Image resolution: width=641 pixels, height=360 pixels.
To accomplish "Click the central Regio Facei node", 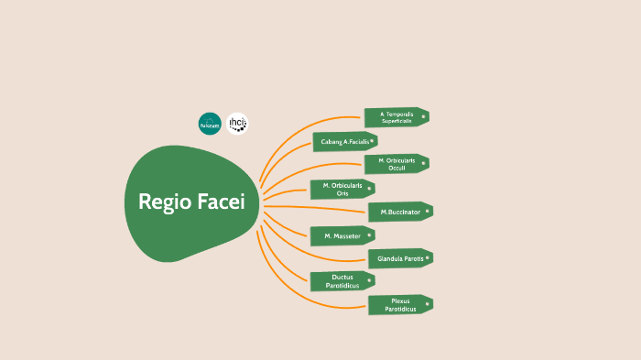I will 192,202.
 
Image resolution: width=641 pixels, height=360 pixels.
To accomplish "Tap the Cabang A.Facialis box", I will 344,142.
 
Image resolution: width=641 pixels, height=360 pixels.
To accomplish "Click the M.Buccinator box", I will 399,212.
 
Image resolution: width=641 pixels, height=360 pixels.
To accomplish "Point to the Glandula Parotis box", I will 399,258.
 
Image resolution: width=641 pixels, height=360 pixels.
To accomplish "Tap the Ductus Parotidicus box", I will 342,281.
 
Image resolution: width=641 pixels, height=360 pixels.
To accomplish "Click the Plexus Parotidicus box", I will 399,305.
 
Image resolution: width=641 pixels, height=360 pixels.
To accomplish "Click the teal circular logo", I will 210,124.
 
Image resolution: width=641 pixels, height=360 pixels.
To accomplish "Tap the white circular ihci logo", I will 238,124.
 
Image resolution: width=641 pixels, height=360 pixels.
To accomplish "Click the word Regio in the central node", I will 164,202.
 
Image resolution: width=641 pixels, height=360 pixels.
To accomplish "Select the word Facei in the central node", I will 221,202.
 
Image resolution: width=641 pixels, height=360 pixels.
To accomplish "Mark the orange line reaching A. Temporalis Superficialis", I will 311,122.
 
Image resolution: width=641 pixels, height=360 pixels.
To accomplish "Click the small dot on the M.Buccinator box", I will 427,210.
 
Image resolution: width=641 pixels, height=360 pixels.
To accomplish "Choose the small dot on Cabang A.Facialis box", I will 372,140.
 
